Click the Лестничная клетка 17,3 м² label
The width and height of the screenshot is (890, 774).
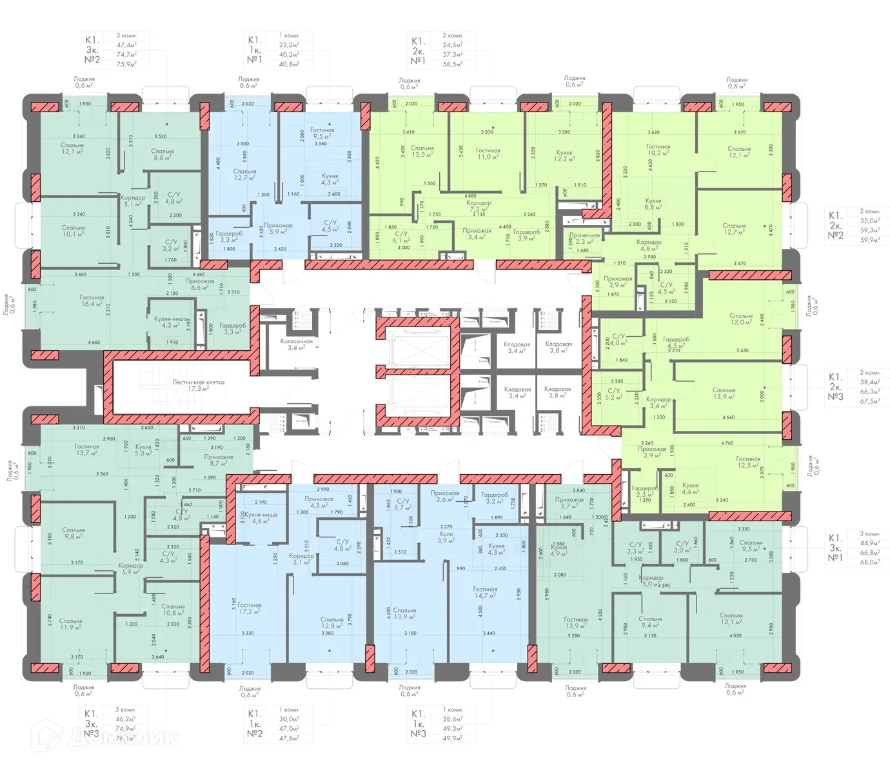pyautogui.click(x=198, y=386)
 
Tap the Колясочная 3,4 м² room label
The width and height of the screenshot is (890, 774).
pyautogui.click(x=296, y=344)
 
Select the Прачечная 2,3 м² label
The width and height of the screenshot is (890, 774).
pyautogui.click(x=584, y=239)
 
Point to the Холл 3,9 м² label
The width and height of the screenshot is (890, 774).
pyautogui.click(x=446, y=537)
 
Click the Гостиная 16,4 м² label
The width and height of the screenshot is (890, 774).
pyautogui.click(x=92, y=301)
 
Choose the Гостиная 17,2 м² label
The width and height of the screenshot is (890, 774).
pyautogui.click(x=249, y=608)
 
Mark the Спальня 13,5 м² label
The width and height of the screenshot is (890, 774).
pyautogui.click(x=422, y=151)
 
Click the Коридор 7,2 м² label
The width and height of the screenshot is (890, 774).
pyautogui.click(x=479, y=206)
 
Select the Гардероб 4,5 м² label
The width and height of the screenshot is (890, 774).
pyautogui.click(x=676, y=342)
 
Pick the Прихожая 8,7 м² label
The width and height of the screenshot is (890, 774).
pyautogui.click(x=219, y=460)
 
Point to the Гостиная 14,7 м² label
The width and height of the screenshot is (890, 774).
pyautogui.click(x=485, y=592)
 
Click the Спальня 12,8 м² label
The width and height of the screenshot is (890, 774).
pyautogui.click(x=332, y=622)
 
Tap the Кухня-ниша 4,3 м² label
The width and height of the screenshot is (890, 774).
pyautogui.click(x=171, y=322)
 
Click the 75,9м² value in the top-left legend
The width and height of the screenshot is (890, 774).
pyautogui.click(x=126, y=64)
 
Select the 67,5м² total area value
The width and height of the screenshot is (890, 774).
pyautogui.click(x=869, y=401)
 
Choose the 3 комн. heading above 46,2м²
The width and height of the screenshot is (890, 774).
pyautogui.click(x=126, y=709)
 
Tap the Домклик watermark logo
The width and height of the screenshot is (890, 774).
pyautogui.click(x=106, y=737)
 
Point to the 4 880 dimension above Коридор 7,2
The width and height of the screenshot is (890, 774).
pyautogui.click(x=470, y=195)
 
